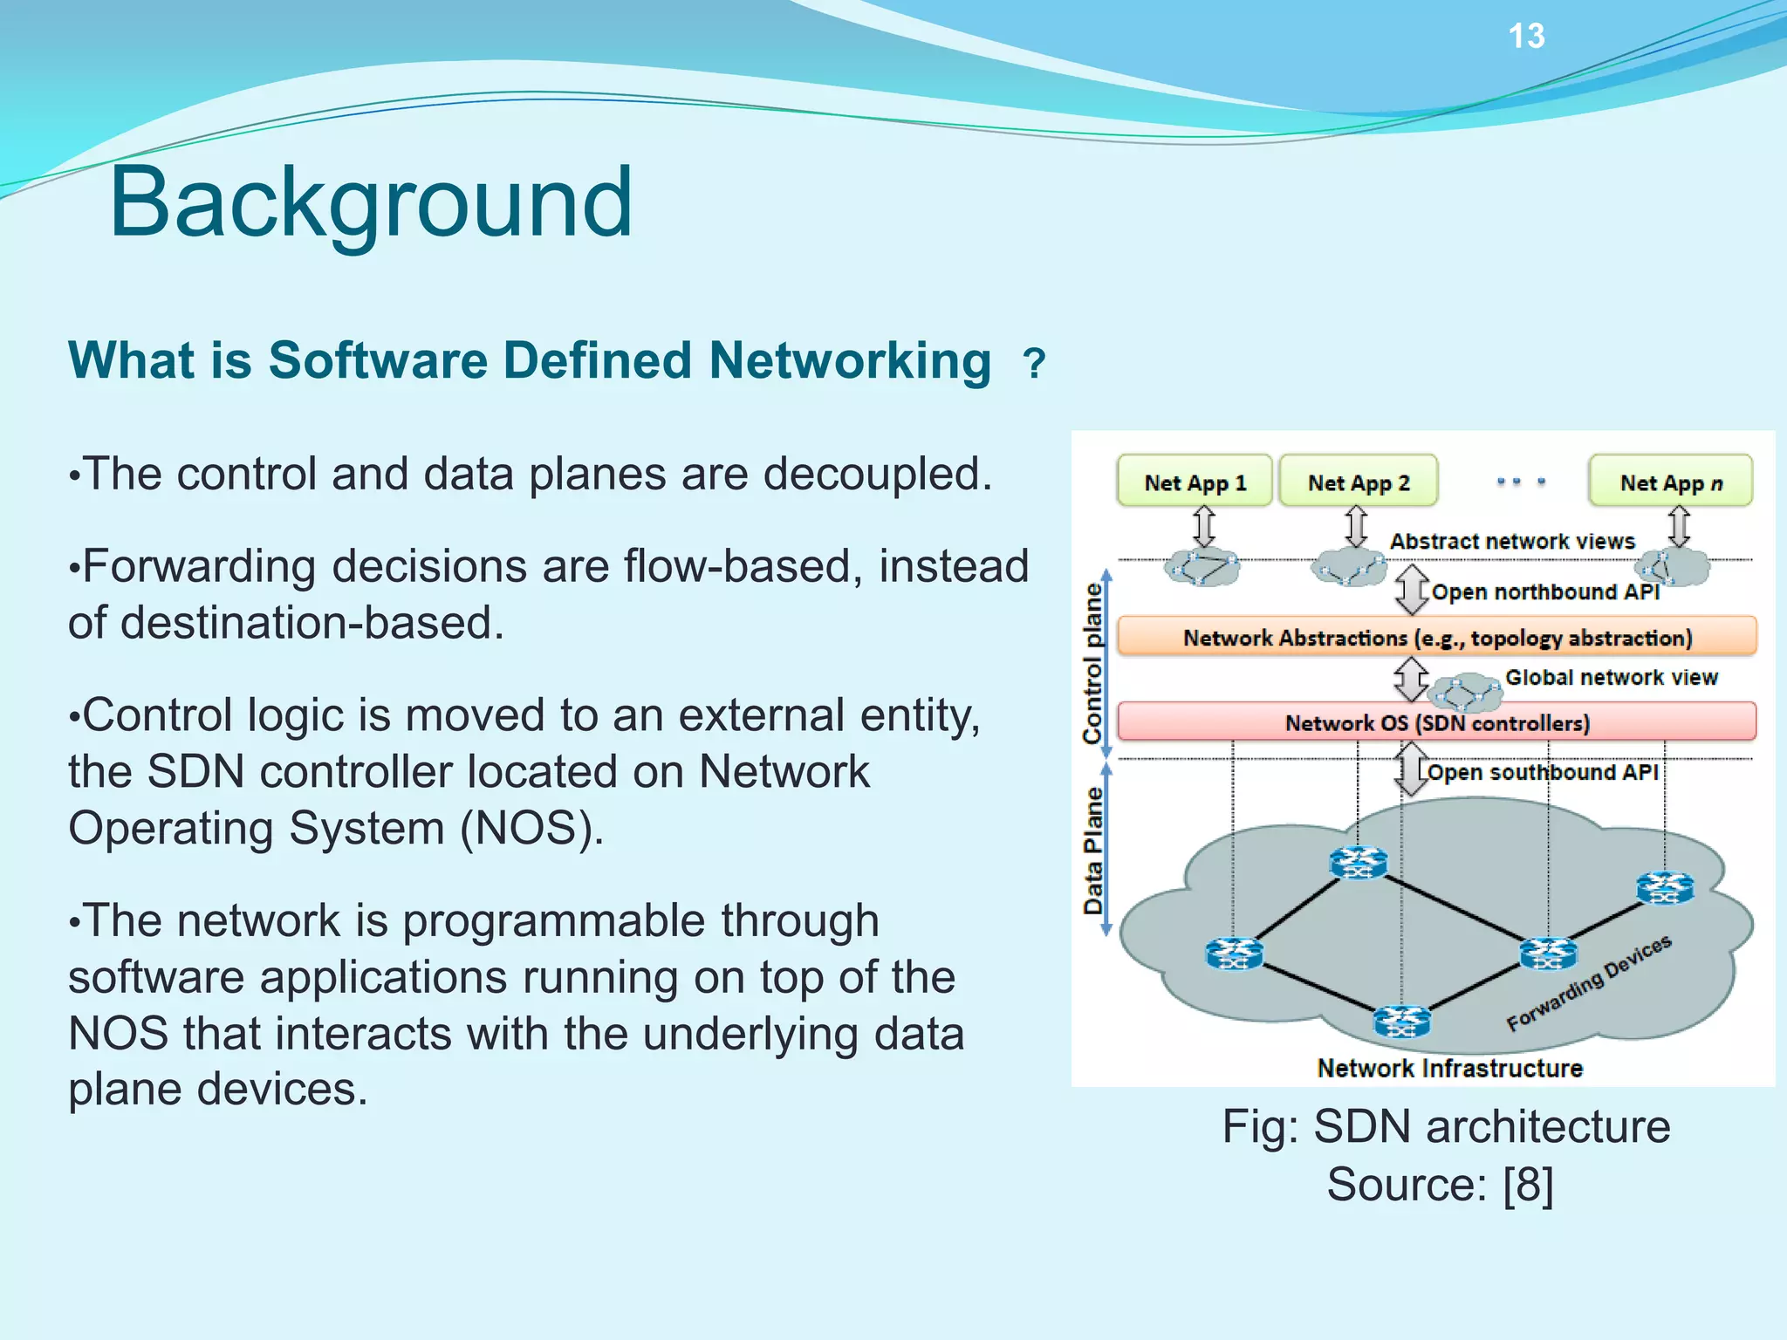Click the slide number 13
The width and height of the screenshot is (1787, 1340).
click(x=1526, y=37)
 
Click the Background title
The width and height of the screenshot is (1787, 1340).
click(x=370, y=202)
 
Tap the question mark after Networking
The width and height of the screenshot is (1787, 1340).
click(x=1034, y=363)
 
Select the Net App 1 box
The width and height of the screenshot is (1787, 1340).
click(x=1195, y=482)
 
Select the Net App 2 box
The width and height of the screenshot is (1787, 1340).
click(x=1358, y=482)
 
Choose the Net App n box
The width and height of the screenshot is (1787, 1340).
click(x=1670, y=482)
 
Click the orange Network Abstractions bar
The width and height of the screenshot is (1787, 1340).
click(x=1436, y=637)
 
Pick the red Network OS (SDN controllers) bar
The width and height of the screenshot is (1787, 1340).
click(x=1436, y=722)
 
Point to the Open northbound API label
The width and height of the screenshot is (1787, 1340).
click(x=1544, y=591)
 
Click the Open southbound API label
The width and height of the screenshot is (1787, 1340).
click(x=1542, y=772)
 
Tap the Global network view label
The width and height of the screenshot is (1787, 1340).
click(x=1611, y=677)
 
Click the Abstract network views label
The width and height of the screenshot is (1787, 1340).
click(x=1511, y=541)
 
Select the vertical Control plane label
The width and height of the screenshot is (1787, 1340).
click(x=1092, y=663)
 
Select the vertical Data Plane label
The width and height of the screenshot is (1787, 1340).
click(x=1092, y=850)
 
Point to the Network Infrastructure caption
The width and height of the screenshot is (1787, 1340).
click(x=1448, y=1068)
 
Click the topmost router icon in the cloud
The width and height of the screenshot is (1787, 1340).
click(x=1358, y=863)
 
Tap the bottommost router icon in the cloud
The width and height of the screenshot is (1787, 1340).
click(x=1401, y=1021)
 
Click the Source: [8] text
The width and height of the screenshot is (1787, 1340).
click(x=1440, y=1185)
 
